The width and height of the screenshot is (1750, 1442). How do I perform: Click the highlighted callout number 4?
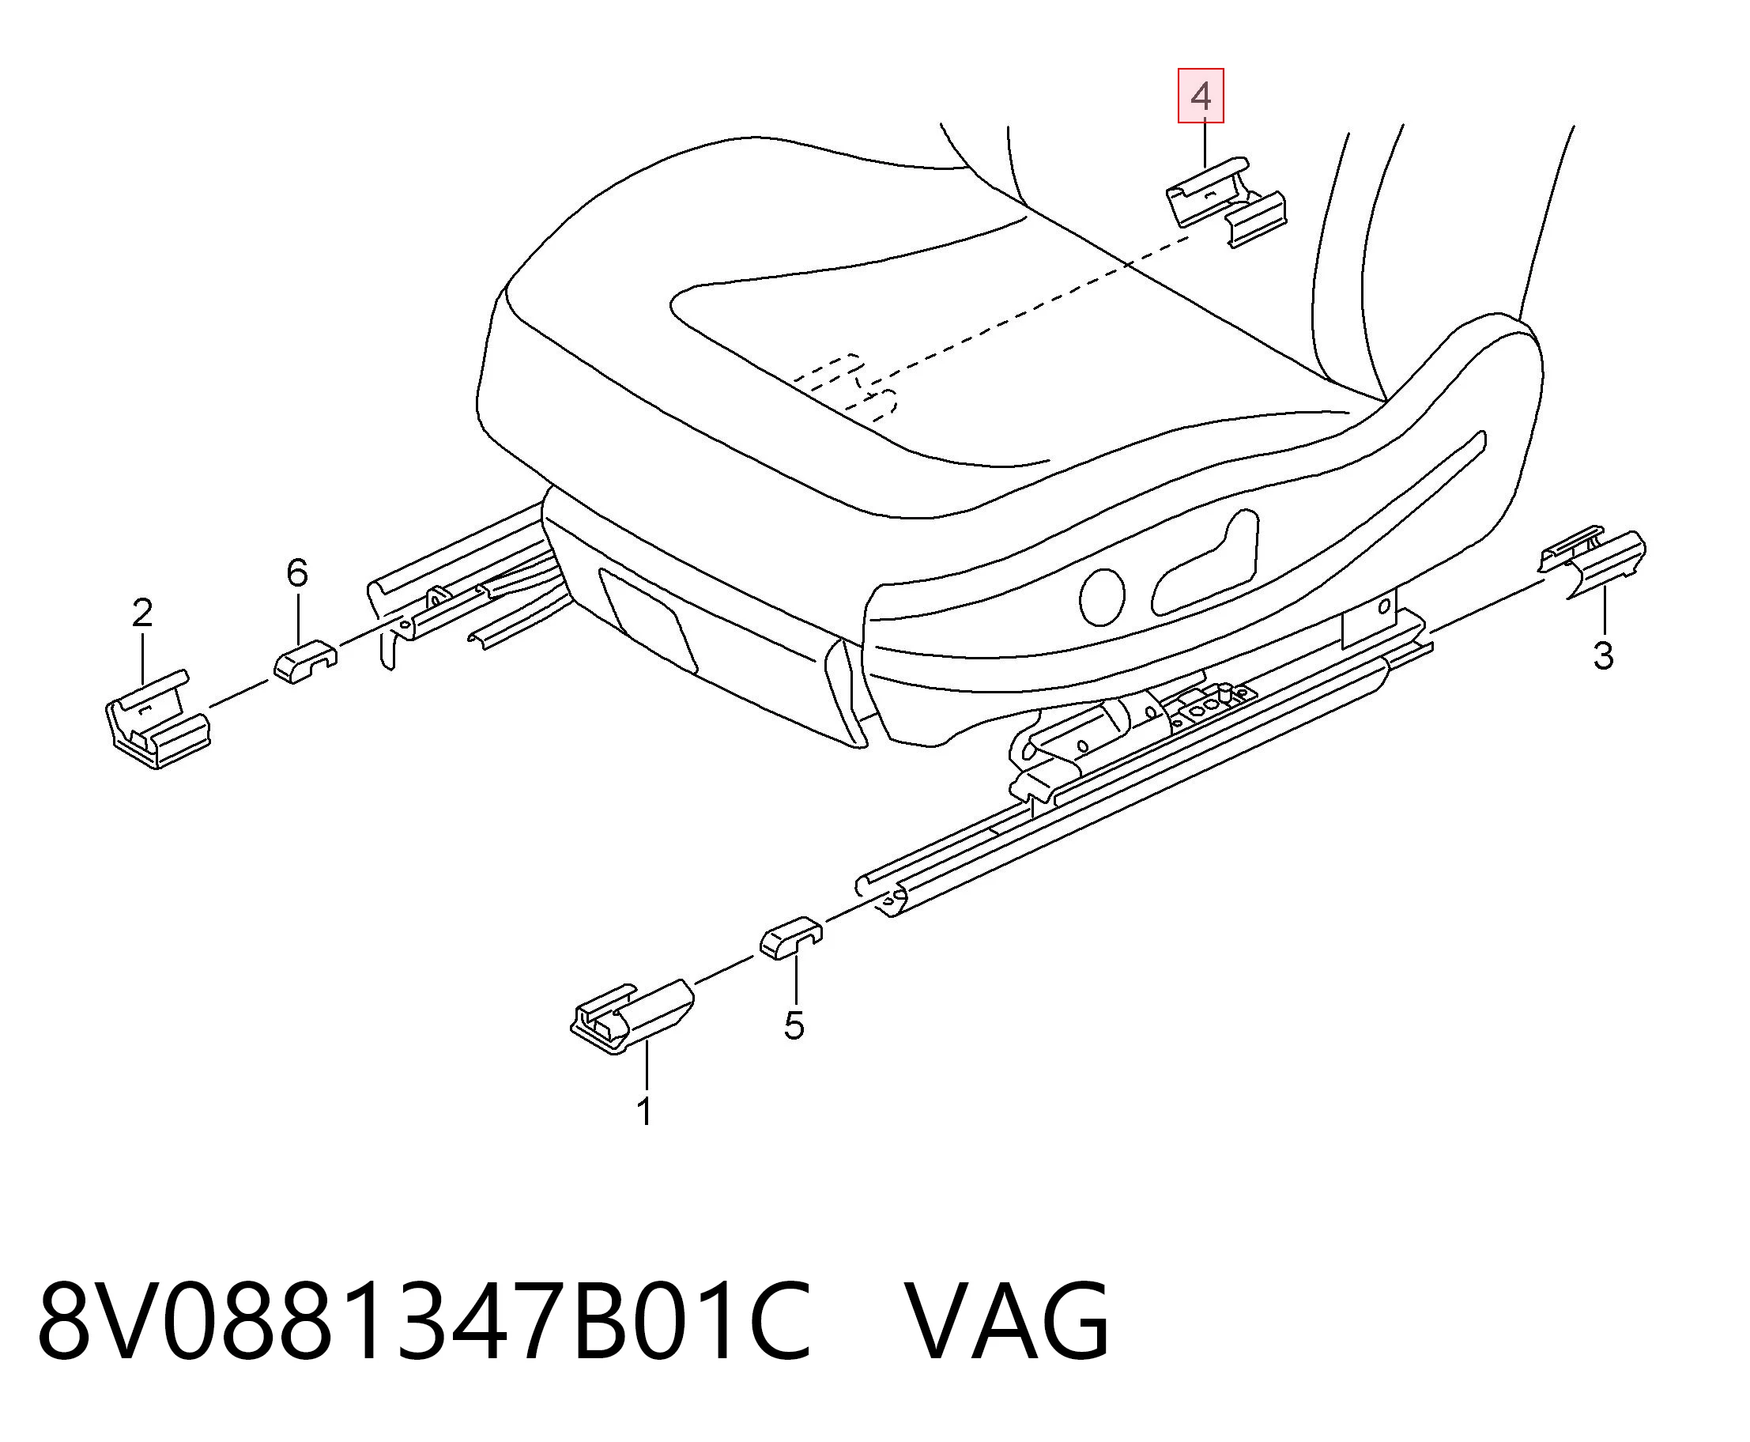[x=1200, y=96]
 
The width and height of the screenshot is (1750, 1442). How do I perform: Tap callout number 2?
[x=143, y=613]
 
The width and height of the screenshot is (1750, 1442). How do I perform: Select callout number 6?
[x=296, y=573]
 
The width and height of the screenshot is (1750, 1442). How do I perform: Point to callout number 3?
[x=1603, y=655]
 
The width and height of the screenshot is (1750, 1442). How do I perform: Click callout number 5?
[x=794, y=1027]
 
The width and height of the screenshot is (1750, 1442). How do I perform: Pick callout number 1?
[x=644, y=1112]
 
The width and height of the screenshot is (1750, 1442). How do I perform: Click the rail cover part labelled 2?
[x=158, y=719]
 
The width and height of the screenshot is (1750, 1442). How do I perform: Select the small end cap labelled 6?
[x=305, y=661]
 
